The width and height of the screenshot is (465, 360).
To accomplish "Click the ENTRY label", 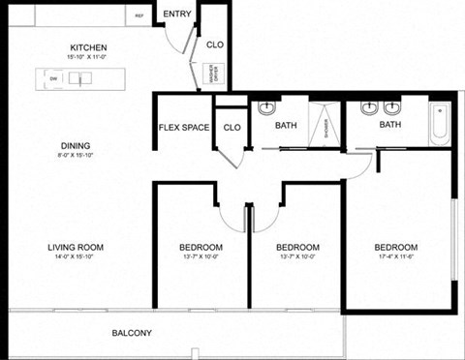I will [x=176, y=14].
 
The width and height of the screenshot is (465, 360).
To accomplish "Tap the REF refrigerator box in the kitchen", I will [x=139, y=16].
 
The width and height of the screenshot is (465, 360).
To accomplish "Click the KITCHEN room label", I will [x=88, y=47].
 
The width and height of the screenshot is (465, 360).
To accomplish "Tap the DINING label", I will [x=75, y=147].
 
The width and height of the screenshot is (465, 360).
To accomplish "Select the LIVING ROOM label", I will [x=76, y=248].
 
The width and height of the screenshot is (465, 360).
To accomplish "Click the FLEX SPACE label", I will [x=184, y=128].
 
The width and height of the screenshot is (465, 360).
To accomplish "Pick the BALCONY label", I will [x=131, y=333].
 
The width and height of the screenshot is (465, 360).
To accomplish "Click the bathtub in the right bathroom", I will [x=440, y=124].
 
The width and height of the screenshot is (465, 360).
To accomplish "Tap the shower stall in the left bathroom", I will [x=325, y=123].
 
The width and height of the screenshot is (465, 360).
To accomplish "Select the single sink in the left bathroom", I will [x=267, y=108].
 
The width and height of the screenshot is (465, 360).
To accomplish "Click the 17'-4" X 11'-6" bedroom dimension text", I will [x=396, y=258].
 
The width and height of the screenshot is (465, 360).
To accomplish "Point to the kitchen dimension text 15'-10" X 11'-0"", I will [x=88, y=58].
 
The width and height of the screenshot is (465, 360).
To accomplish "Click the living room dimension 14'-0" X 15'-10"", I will [x=76, y=258].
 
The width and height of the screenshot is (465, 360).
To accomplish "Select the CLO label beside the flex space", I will [x=232, y=128].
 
